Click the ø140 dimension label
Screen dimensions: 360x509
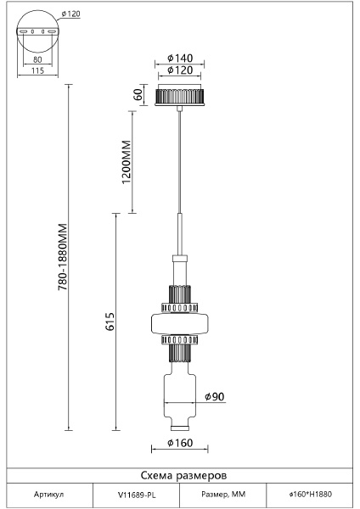coord(180,58)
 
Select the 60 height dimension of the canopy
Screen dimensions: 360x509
coord(138,94)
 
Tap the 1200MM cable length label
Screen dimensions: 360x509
coord(126,162)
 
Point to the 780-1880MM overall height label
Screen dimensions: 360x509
coord(62,256)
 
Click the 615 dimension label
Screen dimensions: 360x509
coord(110,322)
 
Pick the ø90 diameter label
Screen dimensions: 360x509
coord(215,396)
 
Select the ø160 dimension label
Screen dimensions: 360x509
coord(180,443)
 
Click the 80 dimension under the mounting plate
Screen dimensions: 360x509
coord(37,59)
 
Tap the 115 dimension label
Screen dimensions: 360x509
coord(37,70)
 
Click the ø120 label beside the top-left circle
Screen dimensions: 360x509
coord(70,14)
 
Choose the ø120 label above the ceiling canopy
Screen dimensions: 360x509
coord(180,70)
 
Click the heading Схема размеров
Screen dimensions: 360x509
coord(183,476)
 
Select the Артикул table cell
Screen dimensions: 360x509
coord(48,495)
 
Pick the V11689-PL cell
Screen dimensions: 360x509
coord(137,495)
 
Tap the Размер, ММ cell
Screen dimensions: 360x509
coord(223,495)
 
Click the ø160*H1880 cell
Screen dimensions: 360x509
coord(310,495)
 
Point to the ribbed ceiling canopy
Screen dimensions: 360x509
coord(180,95)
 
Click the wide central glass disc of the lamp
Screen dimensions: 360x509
coord(180,323)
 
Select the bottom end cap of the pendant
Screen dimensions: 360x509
coord(180,428)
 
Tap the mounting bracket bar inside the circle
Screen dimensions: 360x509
coord(37,31)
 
